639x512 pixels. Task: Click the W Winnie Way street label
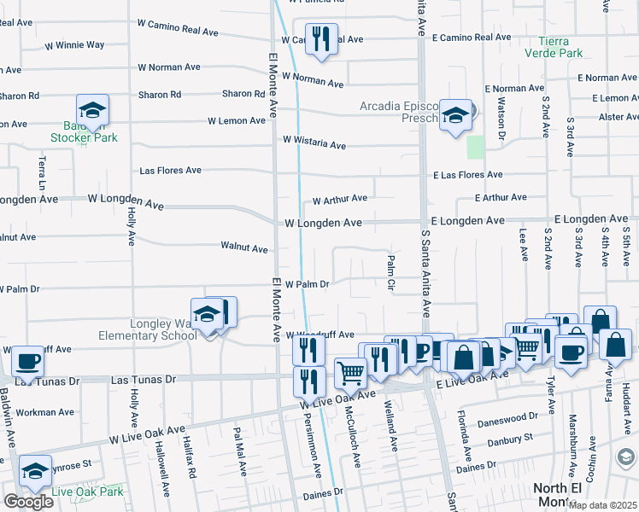pos(74,44)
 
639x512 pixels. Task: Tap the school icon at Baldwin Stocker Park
pos(92,111)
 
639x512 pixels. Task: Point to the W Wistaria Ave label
pos(314,142)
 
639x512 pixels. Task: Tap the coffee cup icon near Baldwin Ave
pos(28,362)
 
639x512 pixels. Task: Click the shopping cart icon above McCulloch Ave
pos(350,373)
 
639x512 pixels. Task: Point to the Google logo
pos(28,501)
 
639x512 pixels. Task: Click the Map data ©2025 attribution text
pos(602,505)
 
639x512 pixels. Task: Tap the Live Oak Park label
pos(87,492)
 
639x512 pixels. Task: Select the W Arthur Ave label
pos(339,200)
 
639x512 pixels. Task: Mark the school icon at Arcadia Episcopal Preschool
pos(456,116)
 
